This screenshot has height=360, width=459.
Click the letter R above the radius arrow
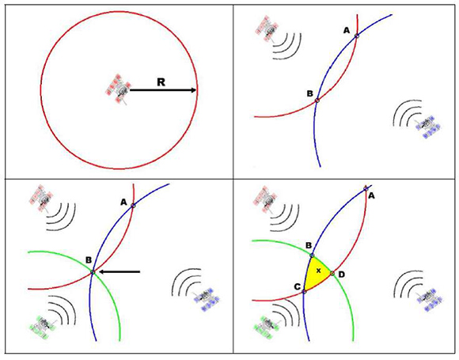click(161, 82)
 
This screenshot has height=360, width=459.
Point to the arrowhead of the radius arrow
click(194, 90)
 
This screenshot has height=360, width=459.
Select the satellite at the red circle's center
click(118, 89)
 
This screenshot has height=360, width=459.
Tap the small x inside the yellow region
click(319, 271)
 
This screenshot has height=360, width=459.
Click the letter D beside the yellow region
click(341, 275)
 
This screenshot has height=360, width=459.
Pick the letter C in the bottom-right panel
click(297, 287)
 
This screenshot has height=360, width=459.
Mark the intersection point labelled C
click(304, 291)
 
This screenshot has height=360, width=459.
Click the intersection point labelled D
click(332, 274)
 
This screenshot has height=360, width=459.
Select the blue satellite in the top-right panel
click(428, 127)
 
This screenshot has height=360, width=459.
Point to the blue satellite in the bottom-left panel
click(207, 299)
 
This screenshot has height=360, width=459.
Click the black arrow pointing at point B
click(119, 272)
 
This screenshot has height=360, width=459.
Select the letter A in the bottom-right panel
click(371, 195)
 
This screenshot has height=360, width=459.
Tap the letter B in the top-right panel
click(310, 93)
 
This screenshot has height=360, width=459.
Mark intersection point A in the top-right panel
click(357, 36)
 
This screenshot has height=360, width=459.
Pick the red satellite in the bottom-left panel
click(42, 198)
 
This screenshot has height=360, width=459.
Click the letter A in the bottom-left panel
click(123, 202)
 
